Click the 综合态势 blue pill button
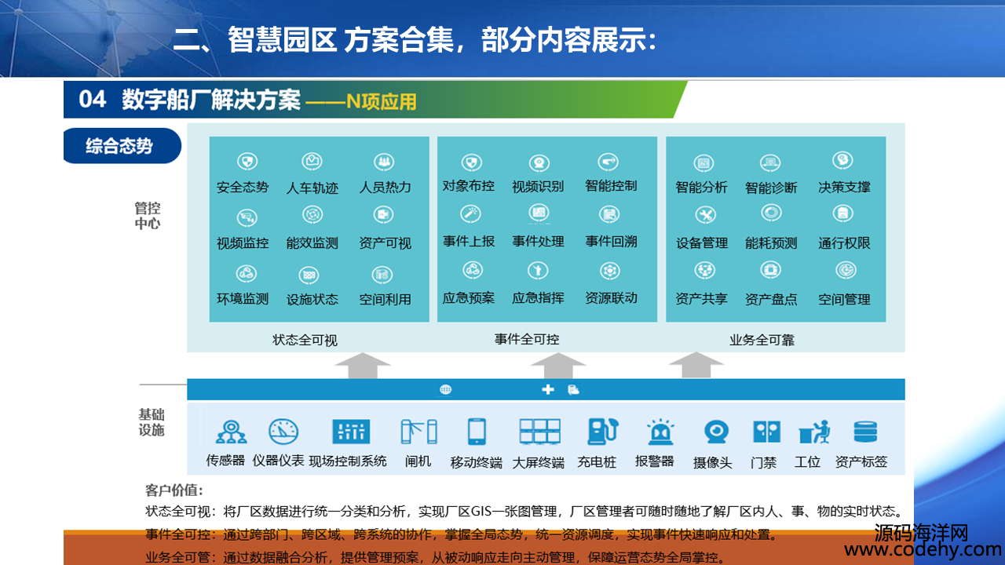[122, 146]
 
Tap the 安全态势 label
[243, 187]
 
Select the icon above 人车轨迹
[312, 161]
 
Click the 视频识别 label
[538, 186]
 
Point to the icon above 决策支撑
[843, 161]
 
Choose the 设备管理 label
[702, 243]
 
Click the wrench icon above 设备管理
[705, 215]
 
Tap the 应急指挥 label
[538, 297]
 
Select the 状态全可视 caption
[305, 340]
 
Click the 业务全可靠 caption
[762, 340]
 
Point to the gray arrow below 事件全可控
[558, 366]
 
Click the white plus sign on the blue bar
[548, 390]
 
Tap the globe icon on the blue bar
[445, 389]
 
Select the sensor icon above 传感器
[231, 432]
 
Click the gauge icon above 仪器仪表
[283, 432]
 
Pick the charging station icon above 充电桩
[603, 432]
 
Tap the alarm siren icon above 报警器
[660, 432]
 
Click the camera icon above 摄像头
[716, 432]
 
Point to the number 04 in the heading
[93, 99]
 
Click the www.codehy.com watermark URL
[923, 549]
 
